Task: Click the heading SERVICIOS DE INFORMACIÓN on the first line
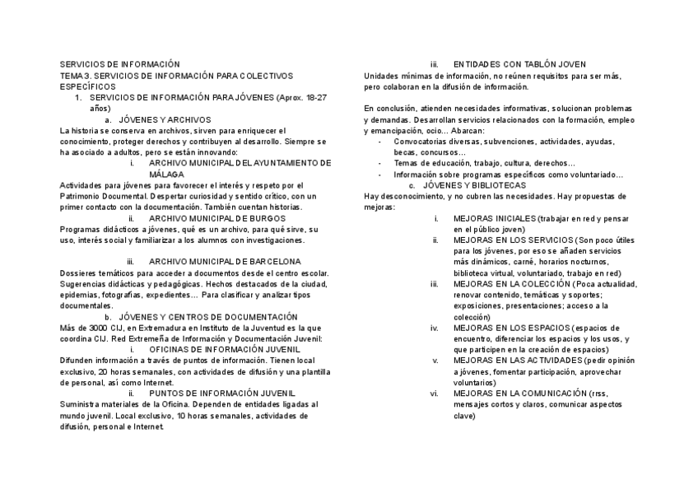point(119,64)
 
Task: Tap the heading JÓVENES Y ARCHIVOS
point(165,119)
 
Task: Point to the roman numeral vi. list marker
point(435,394)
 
